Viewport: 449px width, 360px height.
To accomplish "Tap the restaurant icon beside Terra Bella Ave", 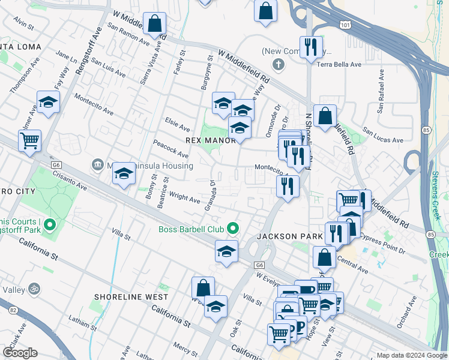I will point(311,47).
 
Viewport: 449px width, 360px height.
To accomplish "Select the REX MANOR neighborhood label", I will point(210,140).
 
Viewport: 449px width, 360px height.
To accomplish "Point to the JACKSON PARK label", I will point(289,236).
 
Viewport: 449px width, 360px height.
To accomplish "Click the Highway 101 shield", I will point(344,25).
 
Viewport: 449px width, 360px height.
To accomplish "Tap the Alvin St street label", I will point(23,23).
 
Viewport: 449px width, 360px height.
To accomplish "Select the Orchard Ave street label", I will point(406,312).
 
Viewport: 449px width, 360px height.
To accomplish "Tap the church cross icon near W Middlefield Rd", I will point(277,64).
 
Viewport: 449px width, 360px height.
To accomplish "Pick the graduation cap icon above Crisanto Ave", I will point(124,175).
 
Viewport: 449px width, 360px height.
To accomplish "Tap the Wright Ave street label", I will point(184,196).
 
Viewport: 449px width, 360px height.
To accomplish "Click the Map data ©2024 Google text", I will point(412,355).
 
